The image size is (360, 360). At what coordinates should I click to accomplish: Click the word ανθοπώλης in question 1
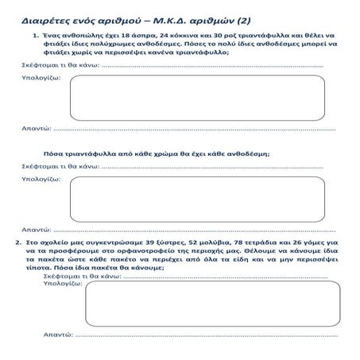click(x=76, y=37)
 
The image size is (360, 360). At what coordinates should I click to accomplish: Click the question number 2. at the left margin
click(x=18, y=239)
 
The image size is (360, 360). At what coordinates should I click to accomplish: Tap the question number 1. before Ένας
click(x=35, y=37)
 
